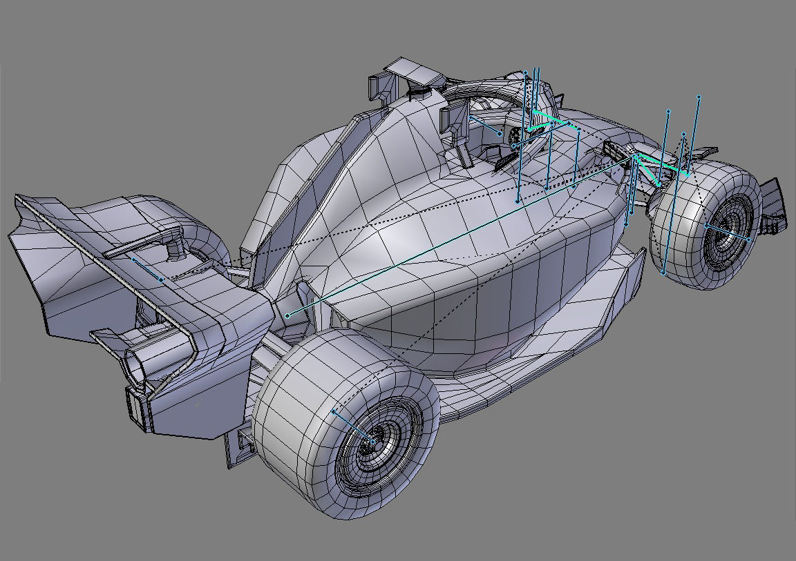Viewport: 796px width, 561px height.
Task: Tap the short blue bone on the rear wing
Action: (146, 269)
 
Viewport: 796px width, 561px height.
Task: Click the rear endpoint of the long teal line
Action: (287, 316)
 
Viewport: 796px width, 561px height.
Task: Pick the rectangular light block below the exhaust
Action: (137, 408)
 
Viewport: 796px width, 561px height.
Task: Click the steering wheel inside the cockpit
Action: (517, 137)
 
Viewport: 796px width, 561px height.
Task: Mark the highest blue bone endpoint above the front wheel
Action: (699, 97)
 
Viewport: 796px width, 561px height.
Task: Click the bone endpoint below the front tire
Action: (663, 273)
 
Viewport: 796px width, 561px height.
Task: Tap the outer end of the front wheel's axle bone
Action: (749, 239)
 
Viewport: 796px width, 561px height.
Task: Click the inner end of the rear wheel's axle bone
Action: (334, 411)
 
